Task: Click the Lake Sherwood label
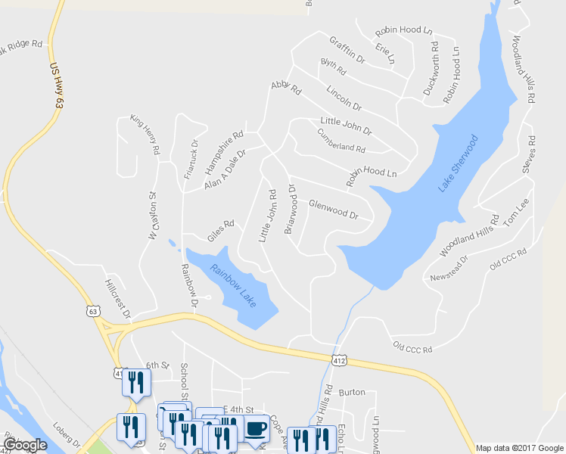pyautogui.click(x=459, y=163)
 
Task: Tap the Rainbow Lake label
pyautogui.click(x=234, y=285)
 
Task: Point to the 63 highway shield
pyautogui.click(x=94, y=310)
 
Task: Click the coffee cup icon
pyautogui.click(x=256, y=428)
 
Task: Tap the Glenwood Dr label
pyautogui.click(x=333, y=209)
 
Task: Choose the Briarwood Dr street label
pyautogui.click(x=290, y=208)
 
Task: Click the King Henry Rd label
pyautogui.click(x=145, y=135)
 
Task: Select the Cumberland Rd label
pyautogui.click(x=342, y=140)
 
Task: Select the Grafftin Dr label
pyautogui.click(x=347, y=48)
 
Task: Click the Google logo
pyautogui.click(x=24, y=445)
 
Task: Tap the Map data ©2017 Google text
pyautogui.click(x=519, y=448)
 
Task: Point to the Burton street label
pyautogui.click(x=352, y=393)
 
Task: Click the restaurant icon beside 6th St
pyautogui.click(x=136, y=382)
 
